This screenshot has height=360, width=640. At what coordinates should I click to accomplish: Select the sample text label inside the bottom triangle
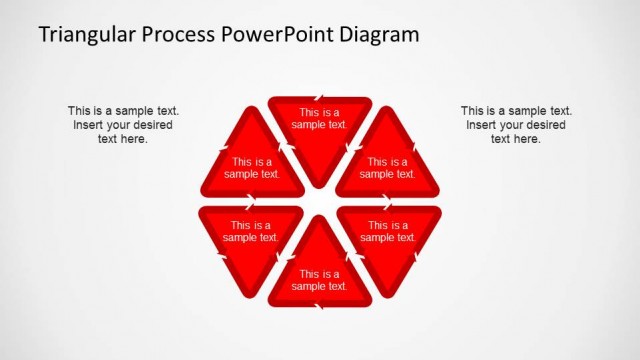pos(320,280)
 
